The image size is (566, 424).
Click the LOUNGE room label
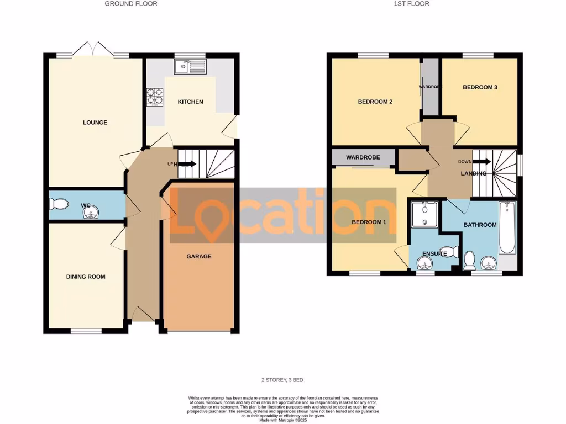coord(95,123)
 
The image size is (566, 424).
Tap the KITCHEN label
coord(190,102)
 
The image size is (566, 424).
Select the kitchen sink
coord(190,67)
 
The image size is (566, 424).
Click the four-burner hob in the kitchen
coord(155,97)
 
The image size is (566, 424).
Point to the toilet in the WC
coord(59,205)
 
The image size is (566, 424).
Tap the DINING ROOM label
coord(86,277)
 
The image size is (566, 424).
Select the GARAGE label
coord(198,256)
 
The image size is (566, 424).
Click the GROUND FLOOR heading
coord(131,3)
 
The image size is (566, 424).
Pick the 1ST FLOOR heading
coord(411,3)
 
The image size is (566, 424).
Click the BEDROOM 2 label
coord(375,102)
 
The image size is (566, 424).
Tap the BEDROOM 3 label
coord(480,87)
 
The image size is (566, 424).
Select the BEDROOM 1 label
coord(369,222)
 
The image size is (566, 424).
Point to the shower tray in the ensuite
coord(424,214)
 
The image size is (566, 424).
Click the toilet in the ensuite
coord(453,252)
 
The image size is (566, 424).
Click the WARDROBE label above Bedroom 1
coord(363,158)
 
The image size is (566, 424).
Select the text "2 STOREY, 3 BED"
coord(282,380)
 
